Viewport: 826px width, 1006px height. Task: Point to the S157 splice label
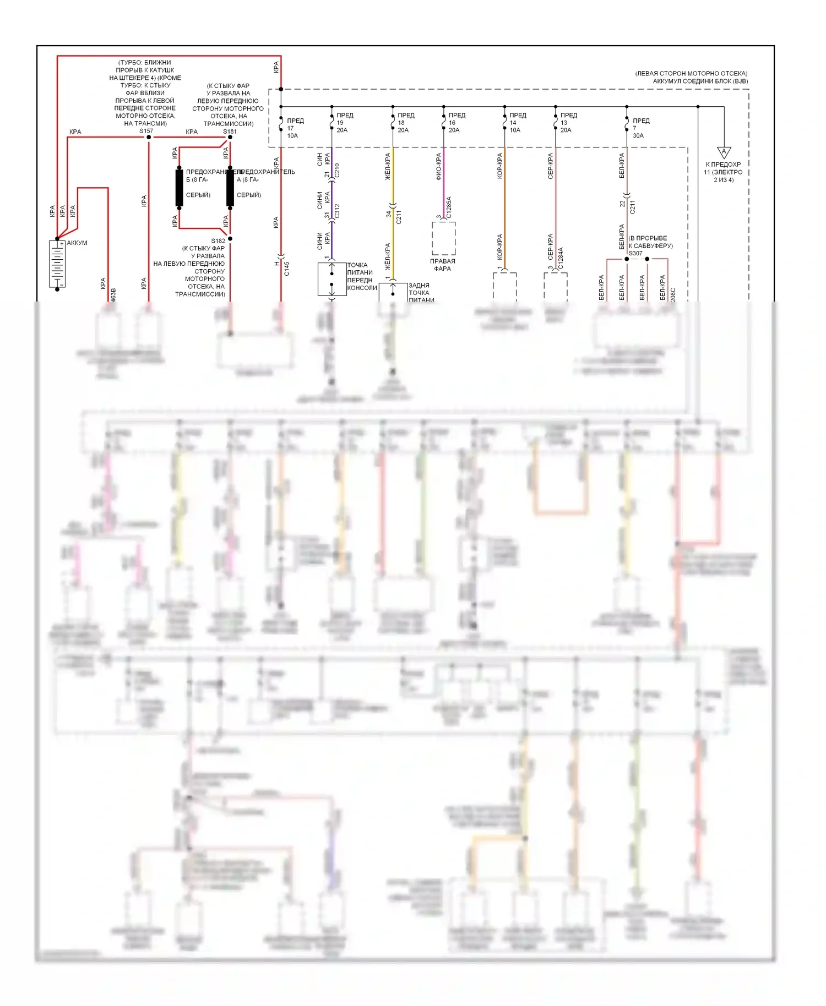[x=146, y=131]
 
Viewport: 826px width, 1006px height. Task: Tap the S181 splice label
[x=230, y=132]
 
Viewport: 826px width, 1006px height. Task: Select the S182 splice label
[x=218, y=240]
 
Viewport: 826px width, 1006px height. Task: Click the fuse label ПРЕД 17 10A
[x=294, y=128]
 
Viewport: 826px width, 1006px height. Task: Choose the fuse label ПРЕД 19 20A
[x=344, y=123]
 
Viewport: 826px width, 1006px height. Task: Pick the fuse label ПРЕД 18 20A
[x=405, y=123]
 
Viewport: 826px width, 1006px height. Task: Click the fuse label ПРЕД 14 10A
[x=517, y=123]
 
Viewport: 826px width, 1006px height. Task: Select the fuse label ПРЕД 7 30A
[x=640, y=128]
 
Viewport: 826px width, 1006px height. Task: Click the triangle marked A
[x=724, y=152]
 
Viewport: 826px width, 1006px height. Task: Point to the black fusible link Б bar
[x=180, y=188]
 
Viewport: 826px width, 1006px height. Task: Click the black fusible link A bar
[x=230, y=188]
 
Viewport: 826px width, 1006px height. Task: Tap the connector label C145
[x=286, y=269]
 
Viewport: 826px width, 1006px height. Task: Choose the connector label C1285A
[x=449, y=207]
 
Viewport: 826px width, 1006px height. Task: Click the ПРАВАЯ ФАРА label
[x=442, y=265]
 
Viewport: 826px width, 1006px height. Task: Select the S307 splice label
[x=635, y=253]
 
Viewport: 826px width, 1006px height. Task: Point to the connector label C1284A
[x=561, y=258]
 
